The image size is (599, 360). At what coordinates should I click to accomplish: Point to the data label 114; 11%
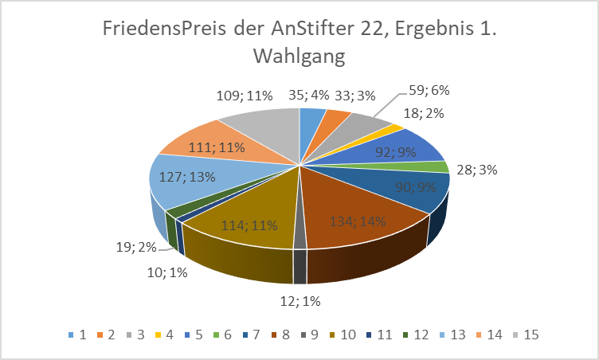(x=249, y=225)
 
